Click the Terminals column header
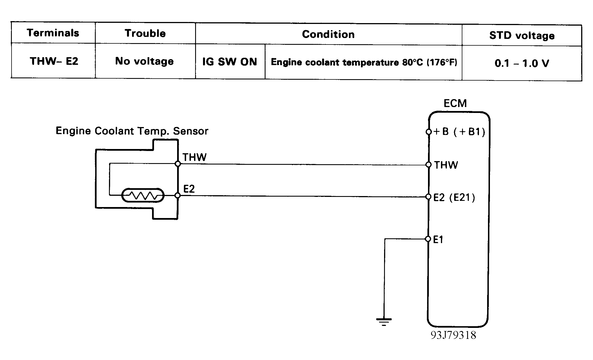tap(53, 33)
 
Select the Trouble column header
tap(145, 33)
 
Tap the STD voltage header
tap(522, 35)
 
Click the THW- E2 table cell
tap(54, 61)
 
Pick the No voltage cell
tap(144, 61)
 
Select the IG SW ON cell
tap(230, 62)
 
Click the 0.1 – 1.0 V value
tap(521, 63)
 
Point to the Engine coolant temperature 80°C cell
tap(364, 62)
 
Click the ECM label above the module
tap(455, 103)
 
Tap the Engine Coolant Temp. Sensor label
tap(132, 131)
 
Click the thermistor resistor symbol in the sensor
tap(143, 195)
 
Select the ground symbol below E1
tap(384, 321)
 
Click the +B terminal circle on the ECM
tap(429, 132)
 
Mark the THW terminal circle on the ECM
tap(429, 165)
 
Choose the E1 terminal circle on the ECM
tap(428, 239)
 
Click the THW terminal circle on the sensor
tap(178, 164)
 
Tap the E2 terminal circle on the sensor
tap(178, 195)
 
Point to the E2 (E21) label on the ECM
tap(454, 197)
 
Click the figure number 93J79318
tap(453, 335)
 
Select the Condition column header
tap(328, 34)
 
